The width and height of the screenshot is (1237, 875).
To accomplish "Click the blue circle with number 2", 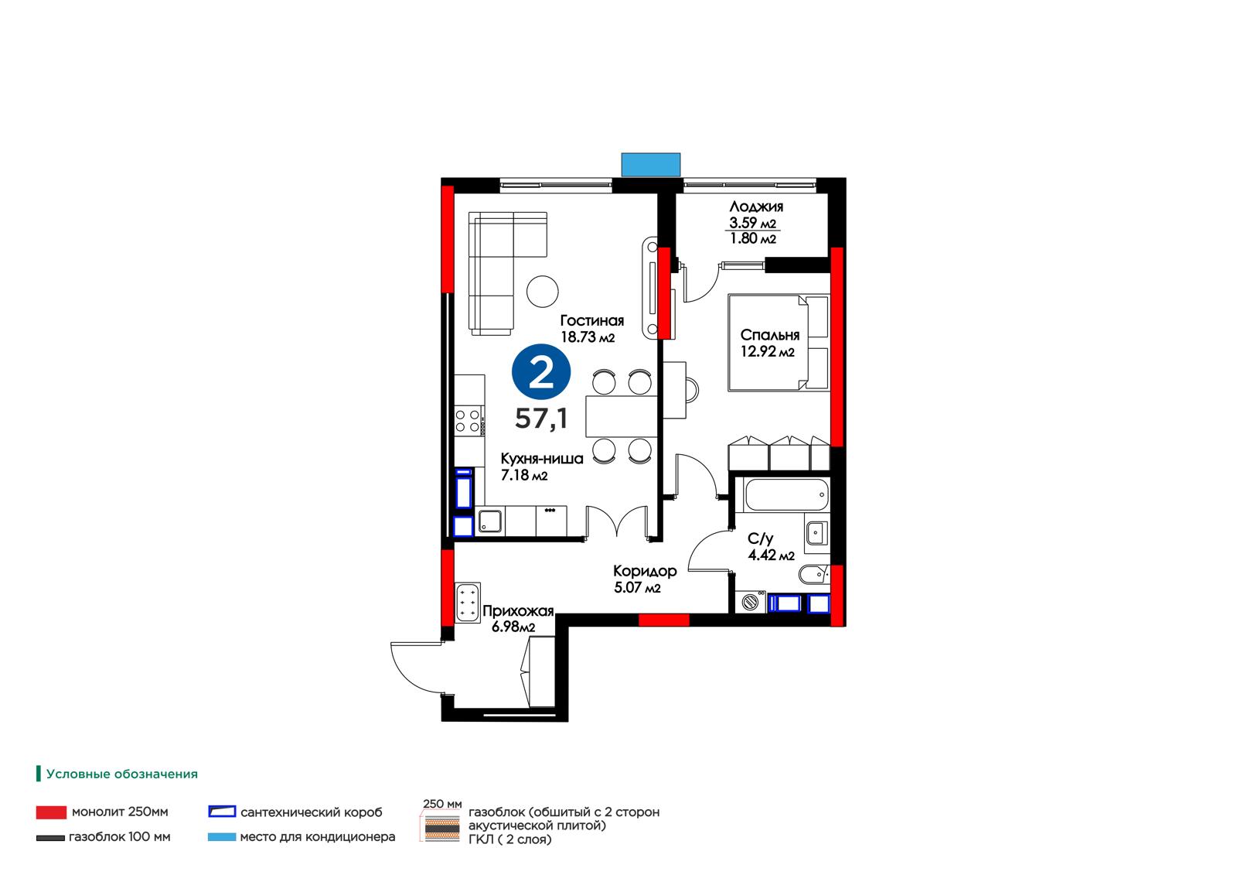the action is click(540, 371).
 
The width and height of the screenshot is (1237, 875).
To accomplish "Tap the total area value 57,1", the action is click(541, 419).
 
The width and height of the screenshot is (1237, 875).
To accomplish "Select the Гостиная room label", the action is click(591, 320).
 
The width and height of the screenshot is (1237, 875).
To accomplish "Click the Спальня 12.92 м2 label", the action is click(769, 343).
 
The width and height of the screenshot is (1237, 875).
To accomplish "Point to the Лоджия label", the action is click(756, 207).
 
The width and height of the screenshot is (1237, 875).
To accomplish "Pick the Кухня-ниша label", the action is click(542, 459).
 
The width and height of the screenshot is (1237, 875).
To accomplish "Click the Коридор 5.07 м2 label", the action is click(645, 579).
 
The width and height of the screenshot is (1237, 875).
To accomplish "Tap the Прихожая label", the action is click(518, 610).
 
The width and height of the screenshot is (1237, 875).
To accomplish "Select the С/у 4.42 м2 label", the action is click(771, 546).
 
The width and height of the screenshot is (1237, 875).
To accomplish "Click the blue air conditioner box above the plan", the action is click(650, 165).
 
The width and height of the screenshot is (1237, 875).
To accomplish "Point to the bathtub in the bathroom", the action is click(785, 494).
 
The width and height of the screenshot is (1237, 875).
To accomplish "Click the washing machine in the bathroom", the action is click(751, 601).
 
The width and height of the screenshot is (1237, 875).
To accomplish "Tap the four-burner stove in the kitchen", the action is click(468, 421).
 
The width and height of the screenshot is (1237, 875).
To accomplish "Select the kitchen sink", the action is click(490, 521).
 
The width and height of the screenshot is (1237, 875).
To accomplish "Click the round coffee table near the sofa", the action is click(542, 292).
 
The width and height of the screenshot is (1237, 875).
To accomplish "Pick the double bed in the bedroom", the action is click(778, 343).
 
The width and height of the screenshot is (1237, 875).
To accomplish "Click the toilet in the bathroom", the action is click(813, 574).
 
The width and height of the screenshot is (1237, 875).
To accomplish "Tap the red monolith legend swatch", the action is click(51, 812).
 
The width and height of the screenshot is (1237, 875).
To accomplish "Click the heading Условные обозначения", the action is click(121, 774).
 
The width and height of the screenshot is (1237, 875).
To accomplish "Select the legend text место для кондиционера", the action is click(318, 837).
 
